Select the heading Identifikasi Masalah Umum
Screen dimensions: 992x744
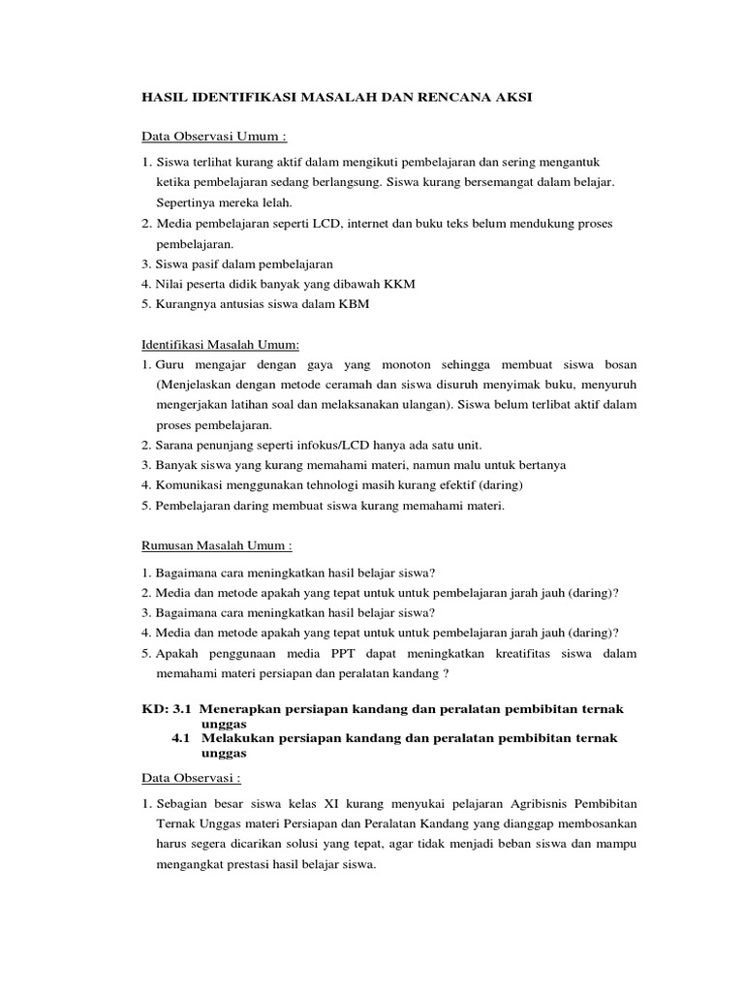tap(221, 344)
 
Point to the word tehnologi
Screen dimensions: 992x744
tap(334, 484)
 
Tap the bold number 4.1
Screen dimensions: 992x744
tap(184, 738)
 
